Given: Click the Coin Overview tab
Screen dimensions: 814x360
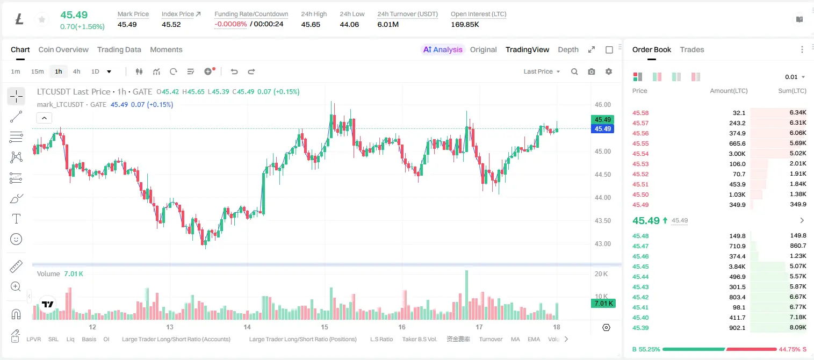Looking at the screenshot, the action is coord(63,49).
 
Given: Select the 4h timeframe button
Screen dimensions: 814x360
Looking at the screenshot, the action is coord(76,71).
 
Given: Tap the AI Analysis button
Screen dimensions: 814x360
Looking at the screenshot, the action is coord(443,49).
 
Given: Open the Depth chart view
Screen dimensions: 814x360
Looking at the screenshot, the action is coord(568,49).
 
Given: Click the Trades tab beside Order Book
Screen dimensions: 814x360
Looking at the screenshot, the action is coord(692,49).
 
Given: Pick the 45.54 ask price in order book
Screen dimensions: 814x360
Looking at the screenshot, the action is coord(640,154).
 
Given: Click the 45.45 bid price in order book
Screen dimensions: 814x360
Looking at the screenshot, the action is coord(640,267).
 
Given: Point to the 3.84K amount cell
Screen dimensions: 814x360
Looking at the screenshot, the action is coord(737,267).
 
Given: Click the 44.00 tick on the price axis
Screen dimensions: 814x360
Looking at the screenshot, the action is coord(602,198).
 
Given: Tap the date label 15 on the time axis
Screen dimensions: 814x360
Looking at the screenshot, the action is coord(324,327).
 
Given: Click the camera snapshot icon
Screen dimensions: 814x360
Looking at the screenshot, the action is coord(592,71).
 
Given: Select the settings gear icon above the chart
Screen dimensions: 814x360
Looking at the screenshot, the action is coord(609,71).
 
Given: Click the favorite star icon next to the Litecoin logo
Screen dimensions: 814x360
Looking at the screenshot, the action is coord(42,19).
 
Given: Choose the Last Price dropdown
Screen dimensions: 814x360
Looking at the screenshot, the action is coord(542,71).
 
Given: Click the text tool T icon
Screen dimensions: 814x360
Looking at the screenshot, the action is coord(16,219).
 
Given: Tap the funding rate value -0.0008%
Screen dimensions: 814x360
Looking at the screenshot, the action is coord(230,24).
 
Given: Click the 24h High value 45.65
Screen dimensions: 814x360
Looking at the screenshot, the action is coord(311,24).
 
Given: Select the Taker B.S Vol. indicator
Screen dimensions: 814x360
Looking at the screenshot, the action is coord(419,339).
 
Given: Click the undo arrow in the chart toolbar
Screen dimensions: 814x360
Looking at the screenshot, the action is coord(234,71).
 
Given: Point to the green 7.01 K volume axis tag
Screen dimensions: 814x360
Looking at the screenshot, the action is coord(603,304).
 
